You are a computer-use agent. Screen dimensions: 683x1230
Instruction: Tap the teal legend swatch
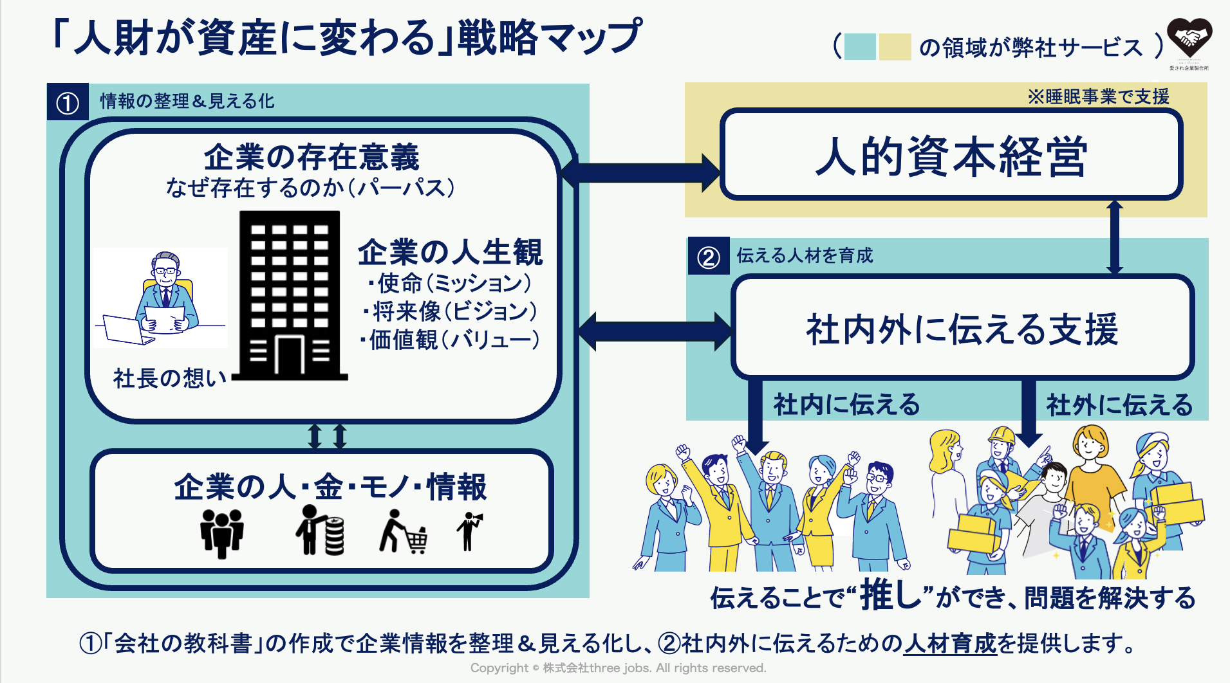[x=860, y=47]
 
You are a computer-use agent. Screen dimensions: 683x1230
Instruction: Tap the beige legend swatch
[x=895, y=47]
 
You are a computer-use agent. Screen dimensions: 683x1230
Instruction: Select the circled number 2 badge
[x=709, y=257]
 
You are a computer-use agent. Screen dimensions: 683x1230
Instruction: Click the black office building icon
[x=290, y=296]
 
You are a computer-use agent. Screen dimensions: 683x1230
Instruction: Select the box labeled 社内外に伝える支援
[x=962, y=328]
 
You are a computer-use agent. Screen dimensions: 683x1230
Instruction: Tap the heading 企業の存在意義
[x=312, y=157]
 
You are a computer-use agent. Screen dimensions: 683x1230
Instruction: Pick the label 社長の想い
[x=169, y=378]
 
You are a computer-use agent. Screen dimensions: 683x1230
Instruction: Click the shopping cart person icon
[x=404, y=532]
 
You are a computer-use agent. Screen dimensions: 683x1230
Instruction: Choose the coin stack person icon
[x=320, y=531]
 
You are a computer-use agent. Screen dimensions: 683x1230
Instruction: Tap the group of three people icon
[x=222, y=533]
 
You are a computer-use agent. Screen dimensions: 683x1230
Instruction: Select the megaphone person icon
[x=470, y=531]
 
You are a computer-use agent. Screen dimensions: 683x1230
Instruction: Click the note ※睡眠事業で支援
[x=1098, y=96]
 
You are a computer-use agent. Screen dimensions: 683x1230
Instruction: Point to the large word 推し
[x=893, y=594]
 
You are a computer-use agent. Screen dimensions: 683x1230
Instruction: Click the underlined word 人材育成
[x=950, y=643]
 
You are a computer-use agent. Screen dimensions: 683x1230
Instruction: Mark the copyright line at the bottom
[x=618, y=668]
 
